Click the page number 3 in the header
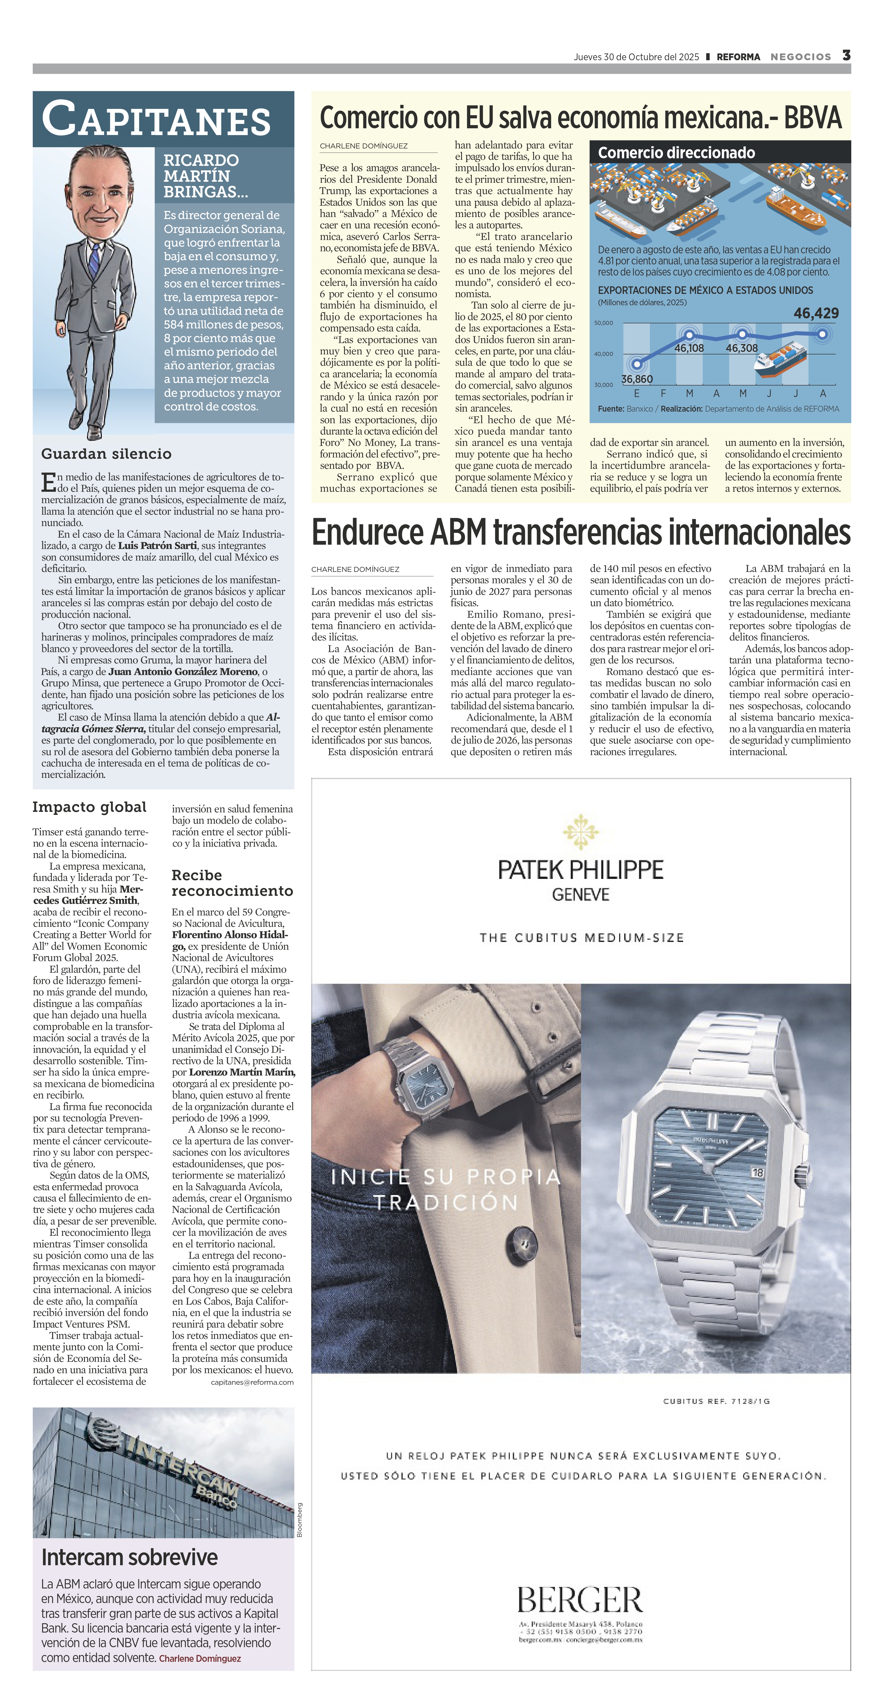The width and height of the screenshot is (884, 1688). [846, 56]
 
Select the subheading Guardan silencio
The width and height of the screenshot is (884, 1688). [106, 453]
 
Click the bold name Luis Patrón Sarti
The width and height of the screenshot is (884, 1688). [157, 545]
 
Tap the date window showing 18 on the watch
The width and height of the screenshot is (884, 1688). [757, 1172]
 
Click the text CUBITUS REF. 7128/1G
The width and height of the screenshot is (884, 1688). [716, 1401]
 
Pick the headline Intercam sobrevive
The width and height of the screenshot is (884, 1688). [130, 1557]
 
